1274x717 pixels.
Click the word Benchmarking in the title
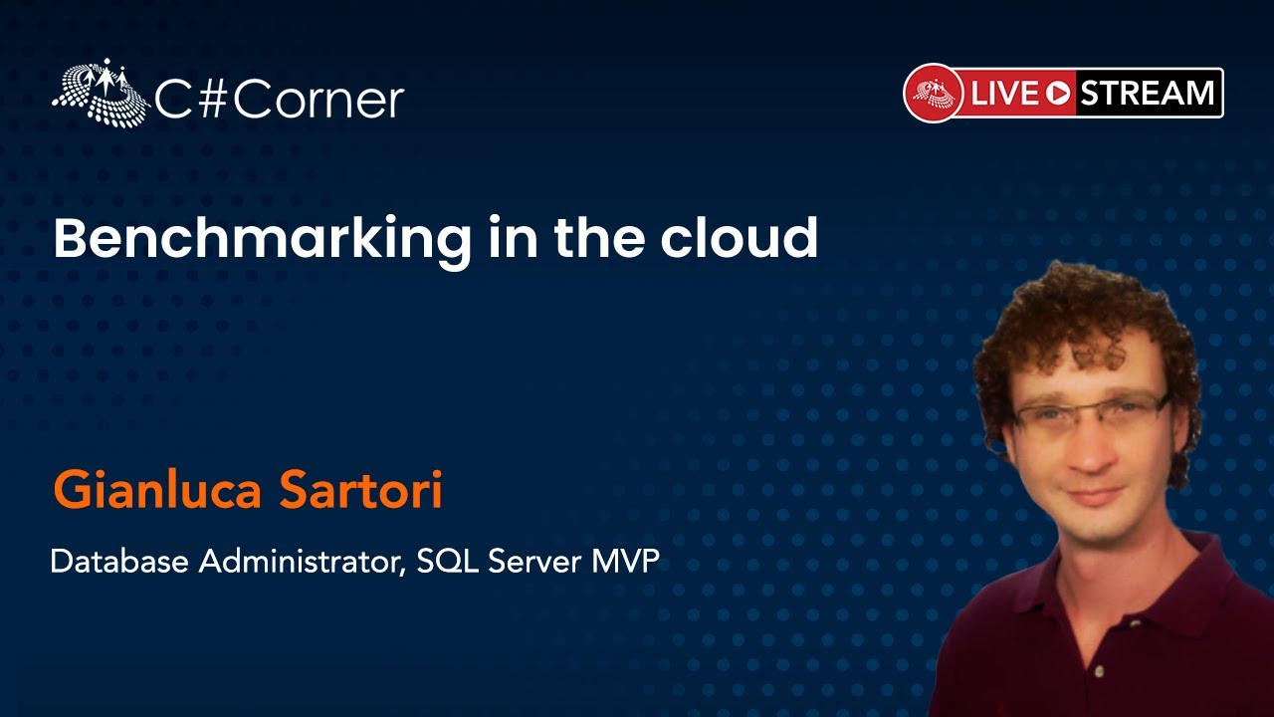point(262,240)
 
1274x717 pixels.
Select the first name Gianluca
point(157,491)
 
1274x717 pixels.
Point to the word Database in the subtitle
point(119,561)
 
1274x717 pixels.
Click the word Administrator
point(303,561)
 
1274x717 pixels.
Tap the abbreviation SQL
point(448,561)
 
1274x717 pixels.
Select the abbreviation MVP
point(626,561)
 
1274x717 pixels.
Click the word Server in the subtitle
point(535,561)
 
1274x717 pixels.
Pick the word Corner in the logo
point(318,101)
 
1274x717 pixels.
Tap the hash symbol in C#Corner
point(210,101)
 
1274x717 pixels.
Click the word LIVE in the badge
point(1005,93)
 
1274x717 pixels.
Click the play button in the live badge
point(1058,94)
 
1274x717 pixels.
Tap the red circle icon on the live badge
point(934,93)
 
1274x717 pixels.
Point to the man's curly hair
point(1081,319)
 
